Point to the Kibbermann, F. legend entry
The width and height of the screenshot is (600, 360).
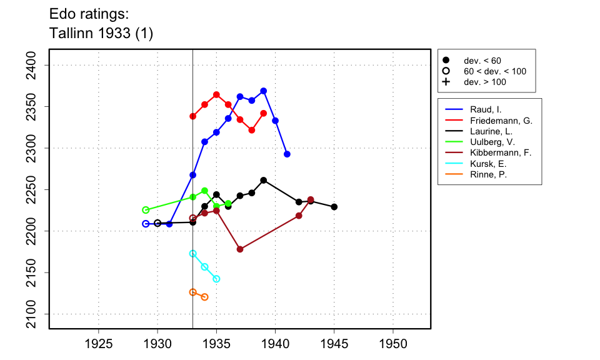point(500,153)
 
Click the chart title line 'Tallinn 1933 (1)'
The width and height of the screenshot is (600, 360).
point(101,33)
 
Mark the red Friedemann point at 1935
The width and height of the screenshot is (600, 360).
point(216,95)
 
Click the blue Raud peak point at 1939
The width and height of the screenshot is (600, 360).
point(264,91)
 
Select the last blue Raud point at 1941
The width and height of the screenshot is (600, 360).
point(287,154)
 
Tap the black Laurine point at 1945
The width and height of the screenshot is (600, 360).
point(334,207)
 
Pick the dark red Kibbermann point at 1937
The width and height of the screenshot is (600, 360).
point(240,249)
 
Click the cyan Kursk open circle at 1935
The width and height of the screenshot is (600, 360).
point(216,279)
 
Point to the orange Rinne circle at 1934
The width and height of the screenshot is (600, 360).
point(204,297)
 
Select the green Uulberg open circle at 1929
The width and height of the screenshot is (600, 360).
point(146,210)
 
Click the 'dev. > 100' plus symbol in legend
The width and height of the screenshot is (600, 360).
point(446,82)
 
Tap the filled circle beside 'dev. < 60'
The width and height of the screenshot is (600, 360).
point(446,61)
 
